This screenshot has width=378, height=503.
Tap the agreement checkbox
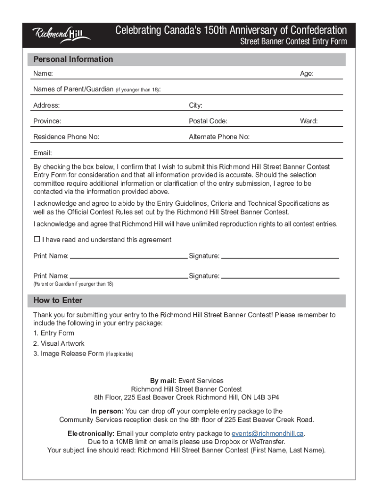[x=36, y=240]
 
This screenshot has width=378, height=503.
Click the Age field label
[x=307, y=74]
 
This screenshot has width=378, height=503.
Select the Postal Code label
[x=208, y=121]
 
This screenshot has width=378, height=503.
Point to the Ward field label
[x=309, y=121]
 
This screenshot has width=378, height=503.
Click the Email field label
[x=43, y=153]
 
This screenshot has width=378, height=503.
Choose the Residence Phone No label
[x=66, y=137]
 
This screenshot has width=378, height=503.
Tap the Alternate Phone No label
[x=219, y=137]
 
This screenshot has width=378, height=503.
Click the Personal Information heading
[x=73, y=59]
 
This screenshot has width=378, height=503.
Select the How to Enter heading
[x=58, y=300]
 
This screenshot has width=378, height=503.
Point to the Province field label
[x=47, y=121]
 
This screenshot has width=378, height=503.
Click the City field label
[x=195, y=106]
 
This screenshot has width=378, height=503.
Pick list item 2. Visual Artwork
[x=59, y=343]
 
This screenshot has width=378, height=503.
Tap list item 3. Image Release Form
[x=69, y=354]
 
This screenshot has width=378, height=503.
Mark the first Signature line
[x=280, y=256]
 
